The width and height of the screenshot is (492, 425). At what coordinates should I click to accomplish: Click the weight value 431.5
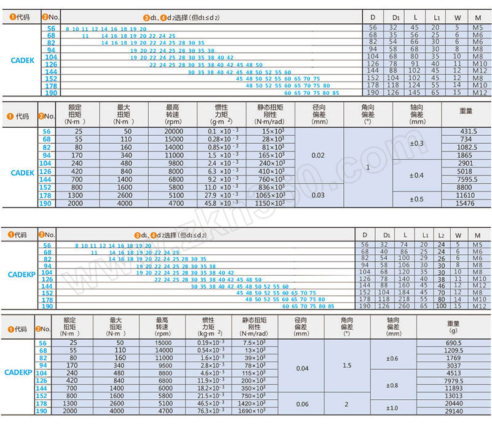466,132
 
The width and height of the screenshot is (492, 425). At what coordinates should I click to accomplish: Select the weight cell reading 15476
466,203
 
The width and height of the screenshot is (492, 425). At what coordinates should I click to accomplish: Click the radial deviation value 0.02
319,156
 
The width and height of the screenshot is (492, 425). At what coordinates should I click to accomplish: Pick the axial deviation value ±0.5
417,199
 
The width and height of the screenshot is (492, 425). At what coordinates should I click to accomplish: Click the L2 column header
440,236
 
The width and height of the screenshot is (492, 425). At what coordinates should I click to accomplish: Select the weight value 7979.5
453,380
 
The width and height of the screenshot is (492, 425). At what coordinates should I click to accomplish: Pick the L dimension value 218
404,298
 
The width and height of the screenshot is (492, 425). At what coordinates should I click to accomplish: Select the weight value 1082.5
466,148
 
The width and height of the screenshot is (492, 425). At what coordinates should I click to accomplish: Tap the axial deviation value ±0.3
417,144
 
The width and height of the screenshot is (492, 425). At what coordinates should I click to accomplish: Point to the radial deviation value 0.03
319,195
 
